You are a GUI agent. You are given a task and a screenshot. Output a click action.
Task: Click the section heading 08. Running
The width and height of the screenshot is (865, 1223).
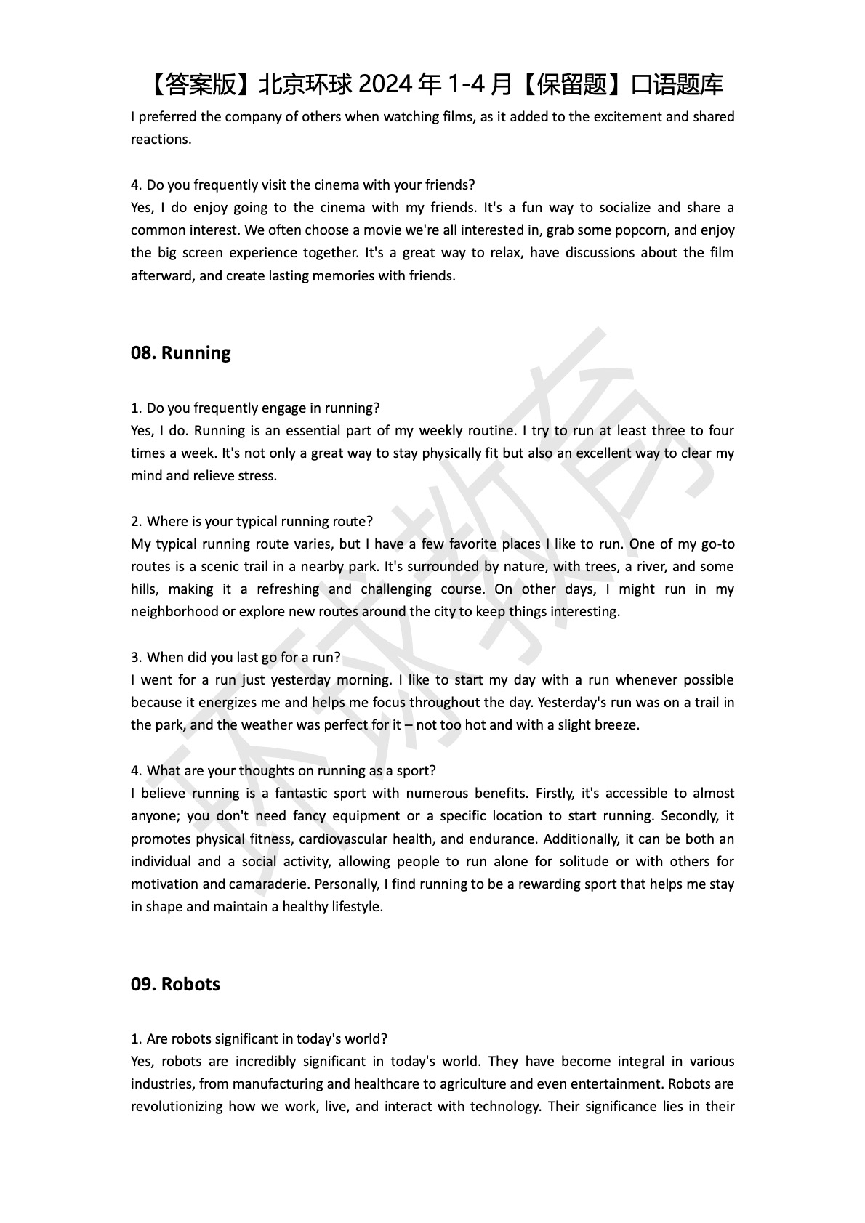pyautogui.click(x=180, y=353)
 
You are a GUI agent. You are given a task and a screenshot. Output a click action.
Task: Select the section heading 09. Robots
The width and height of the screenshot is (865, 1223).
pyautogui.click(x=175, y=985)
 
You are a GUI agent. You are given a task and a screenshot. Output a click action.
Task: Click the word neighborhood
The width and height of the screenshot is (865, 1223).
pyautogui.click(x=174, y=612)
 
